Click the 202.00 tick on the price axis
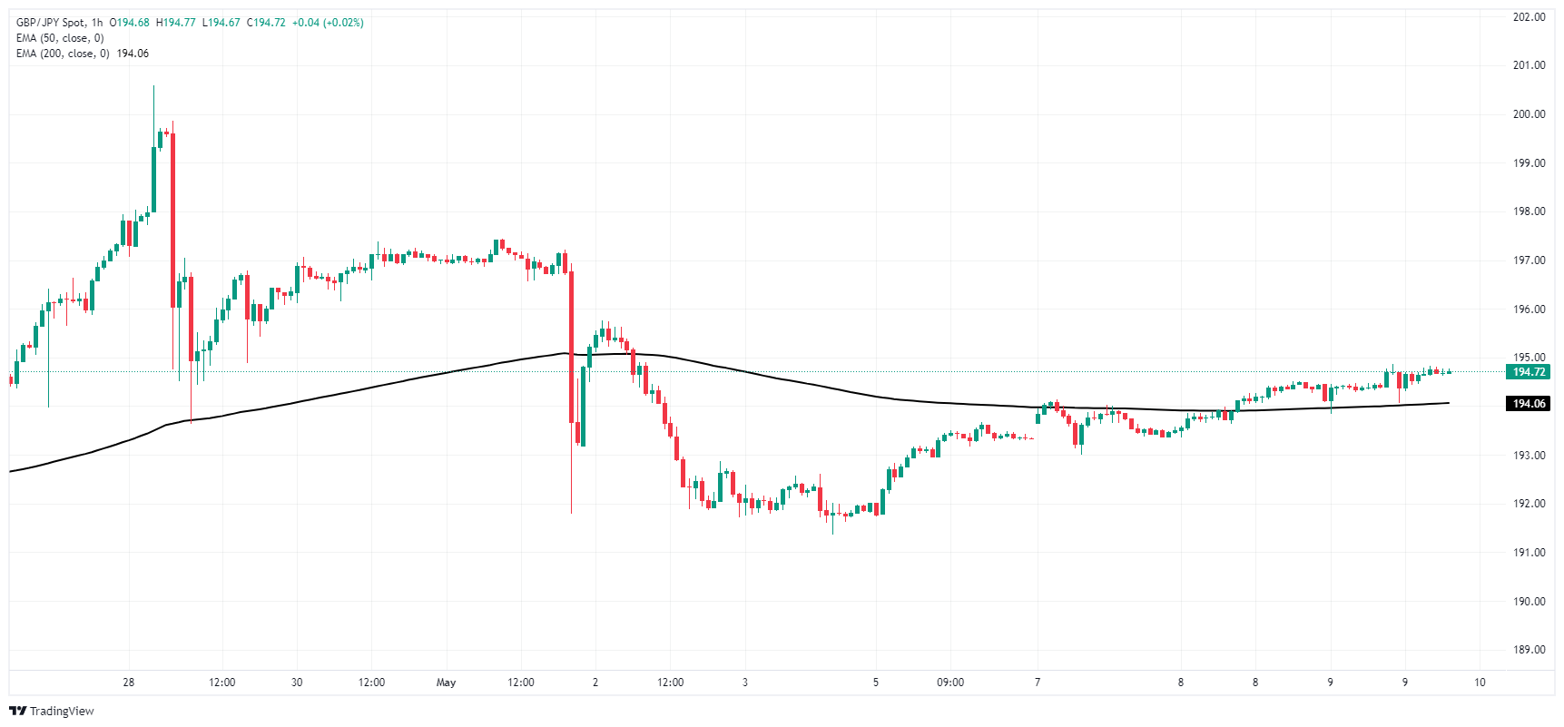tap(1529, 17)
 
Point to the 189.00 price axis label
tap(1529, 650)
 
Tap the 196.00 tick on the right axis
tap(1529, 309)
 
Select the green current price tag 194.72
tap(1529, 372)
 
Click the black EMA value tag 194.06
tap(1529, 404)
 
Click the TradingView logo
tap(52, 711)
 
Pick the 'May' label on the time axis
tap(446, 683)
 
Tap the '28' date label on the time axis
tap(129, 683)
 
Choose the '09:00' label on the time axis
tap(950, 683)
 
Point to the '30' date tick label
tap(297, 683)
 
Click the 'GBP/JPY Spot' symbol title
tap(52, 23)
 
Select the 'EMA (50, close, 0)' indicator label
tap(60, 38)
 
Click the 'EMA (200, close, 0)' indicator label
tap(63, 54)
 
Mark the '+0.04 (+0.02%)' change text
tap(328, 23)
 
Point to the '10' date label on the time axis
tap(1480, 683)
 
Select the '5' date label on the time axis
tap(876, 683)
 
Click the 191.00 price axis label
tap(1529, 553)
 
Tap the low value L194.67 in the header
tap(221, 23)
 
